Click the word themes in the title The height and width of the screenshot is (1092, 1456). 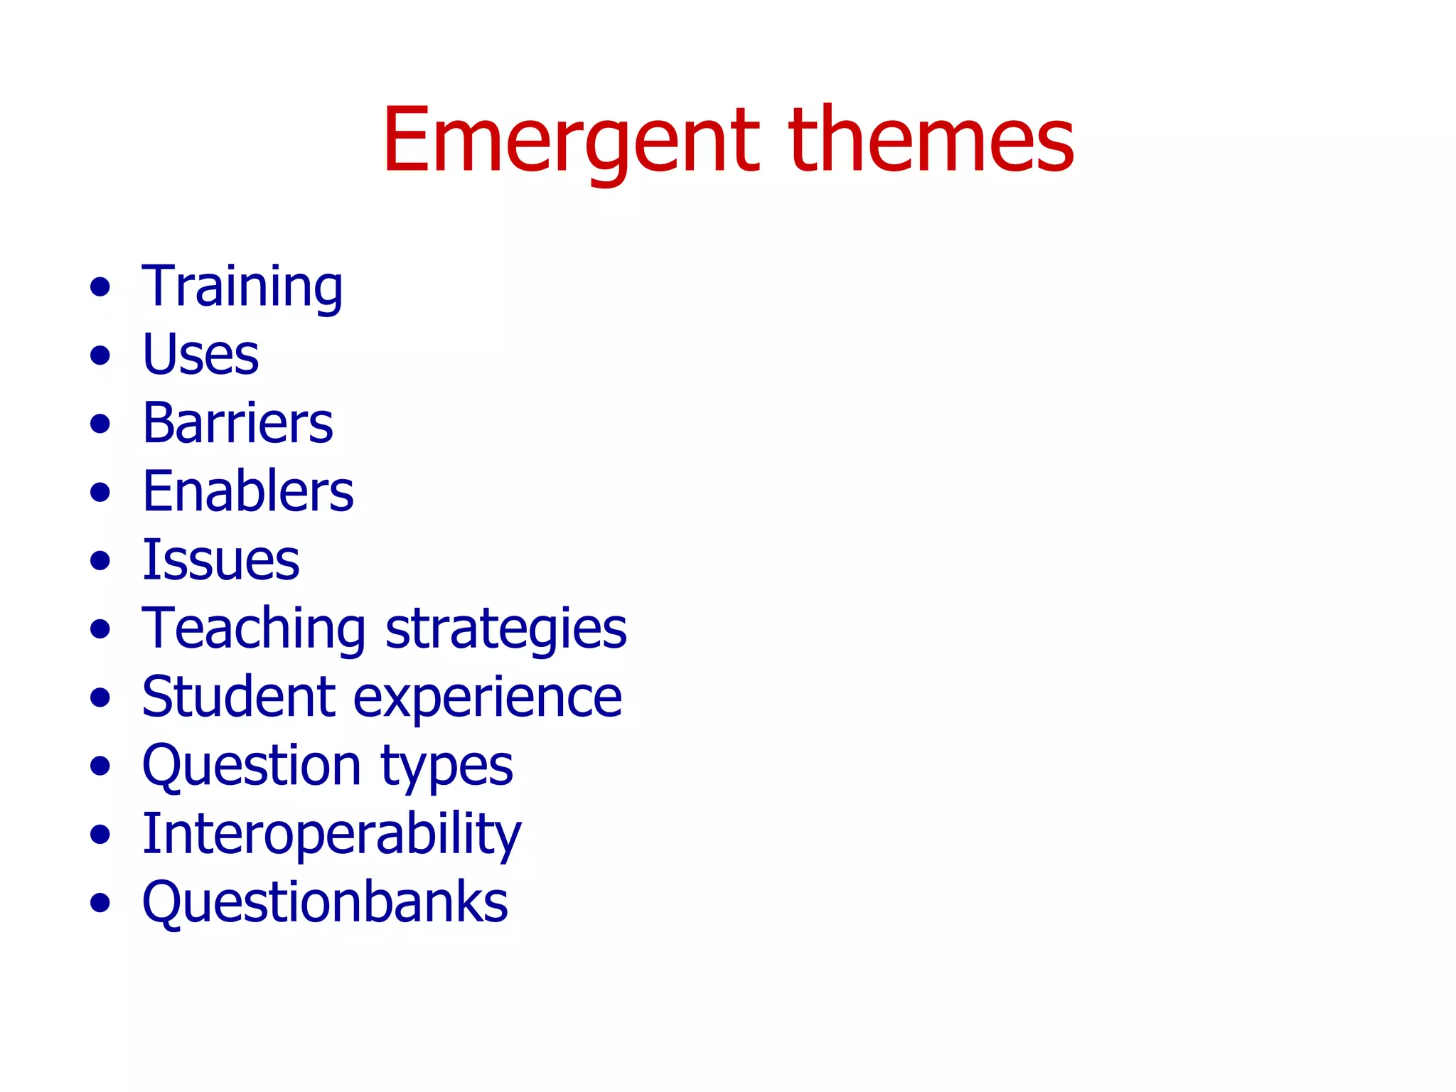coord(931,140)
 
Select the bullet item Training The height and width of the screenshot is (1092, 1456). coord(242,287)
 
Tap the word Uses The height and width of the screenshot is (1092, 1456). coord(200,355)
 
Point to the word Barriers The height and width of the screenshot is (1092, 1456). coord(237,423)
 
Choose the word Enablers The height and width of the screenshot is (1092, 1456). coord(247,491)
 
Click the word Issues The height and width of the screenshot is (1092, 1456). coord(220,560)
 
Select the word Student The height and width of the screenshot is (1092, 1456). coord(238,697)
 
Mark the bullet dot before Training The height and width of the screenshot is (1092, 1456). coord(100,287)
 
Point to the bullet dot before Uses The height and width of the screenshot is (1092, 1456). coord(100,355)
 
